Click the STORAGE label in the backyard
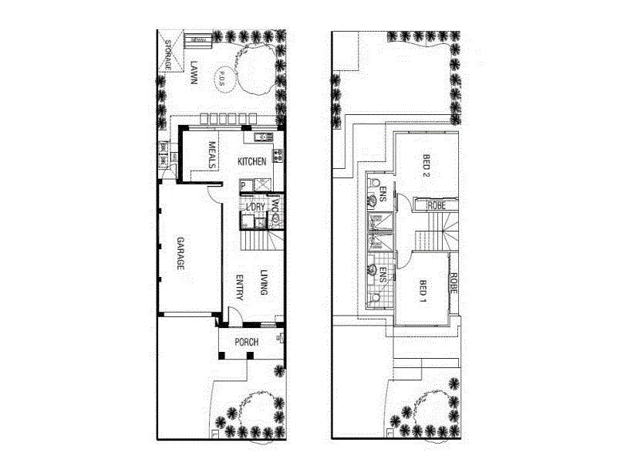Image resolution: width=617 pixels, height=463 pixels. coord(169,55)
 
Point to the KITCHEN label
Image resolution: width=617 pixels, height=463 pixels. coord(252,161)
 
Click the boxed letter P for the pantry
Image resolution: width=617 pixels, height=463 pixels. coord(243,185)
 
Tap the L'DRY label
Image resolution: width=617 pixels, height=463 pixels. coord(255,206)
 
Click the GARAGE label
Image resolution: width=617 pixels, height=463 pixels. coord(179,252)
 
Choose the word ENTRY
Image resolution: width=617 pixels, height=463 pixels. coord(240,287)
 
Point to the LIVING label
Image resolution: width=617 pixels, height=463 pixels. coord(264,284)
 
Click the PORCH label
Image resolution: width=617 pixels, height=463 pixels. coord(247,343)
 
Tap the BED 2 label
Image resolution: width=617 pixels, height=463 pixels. coord(426,165)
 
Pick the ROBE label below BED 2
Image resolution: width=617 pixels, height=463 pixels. coord(437,205)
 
